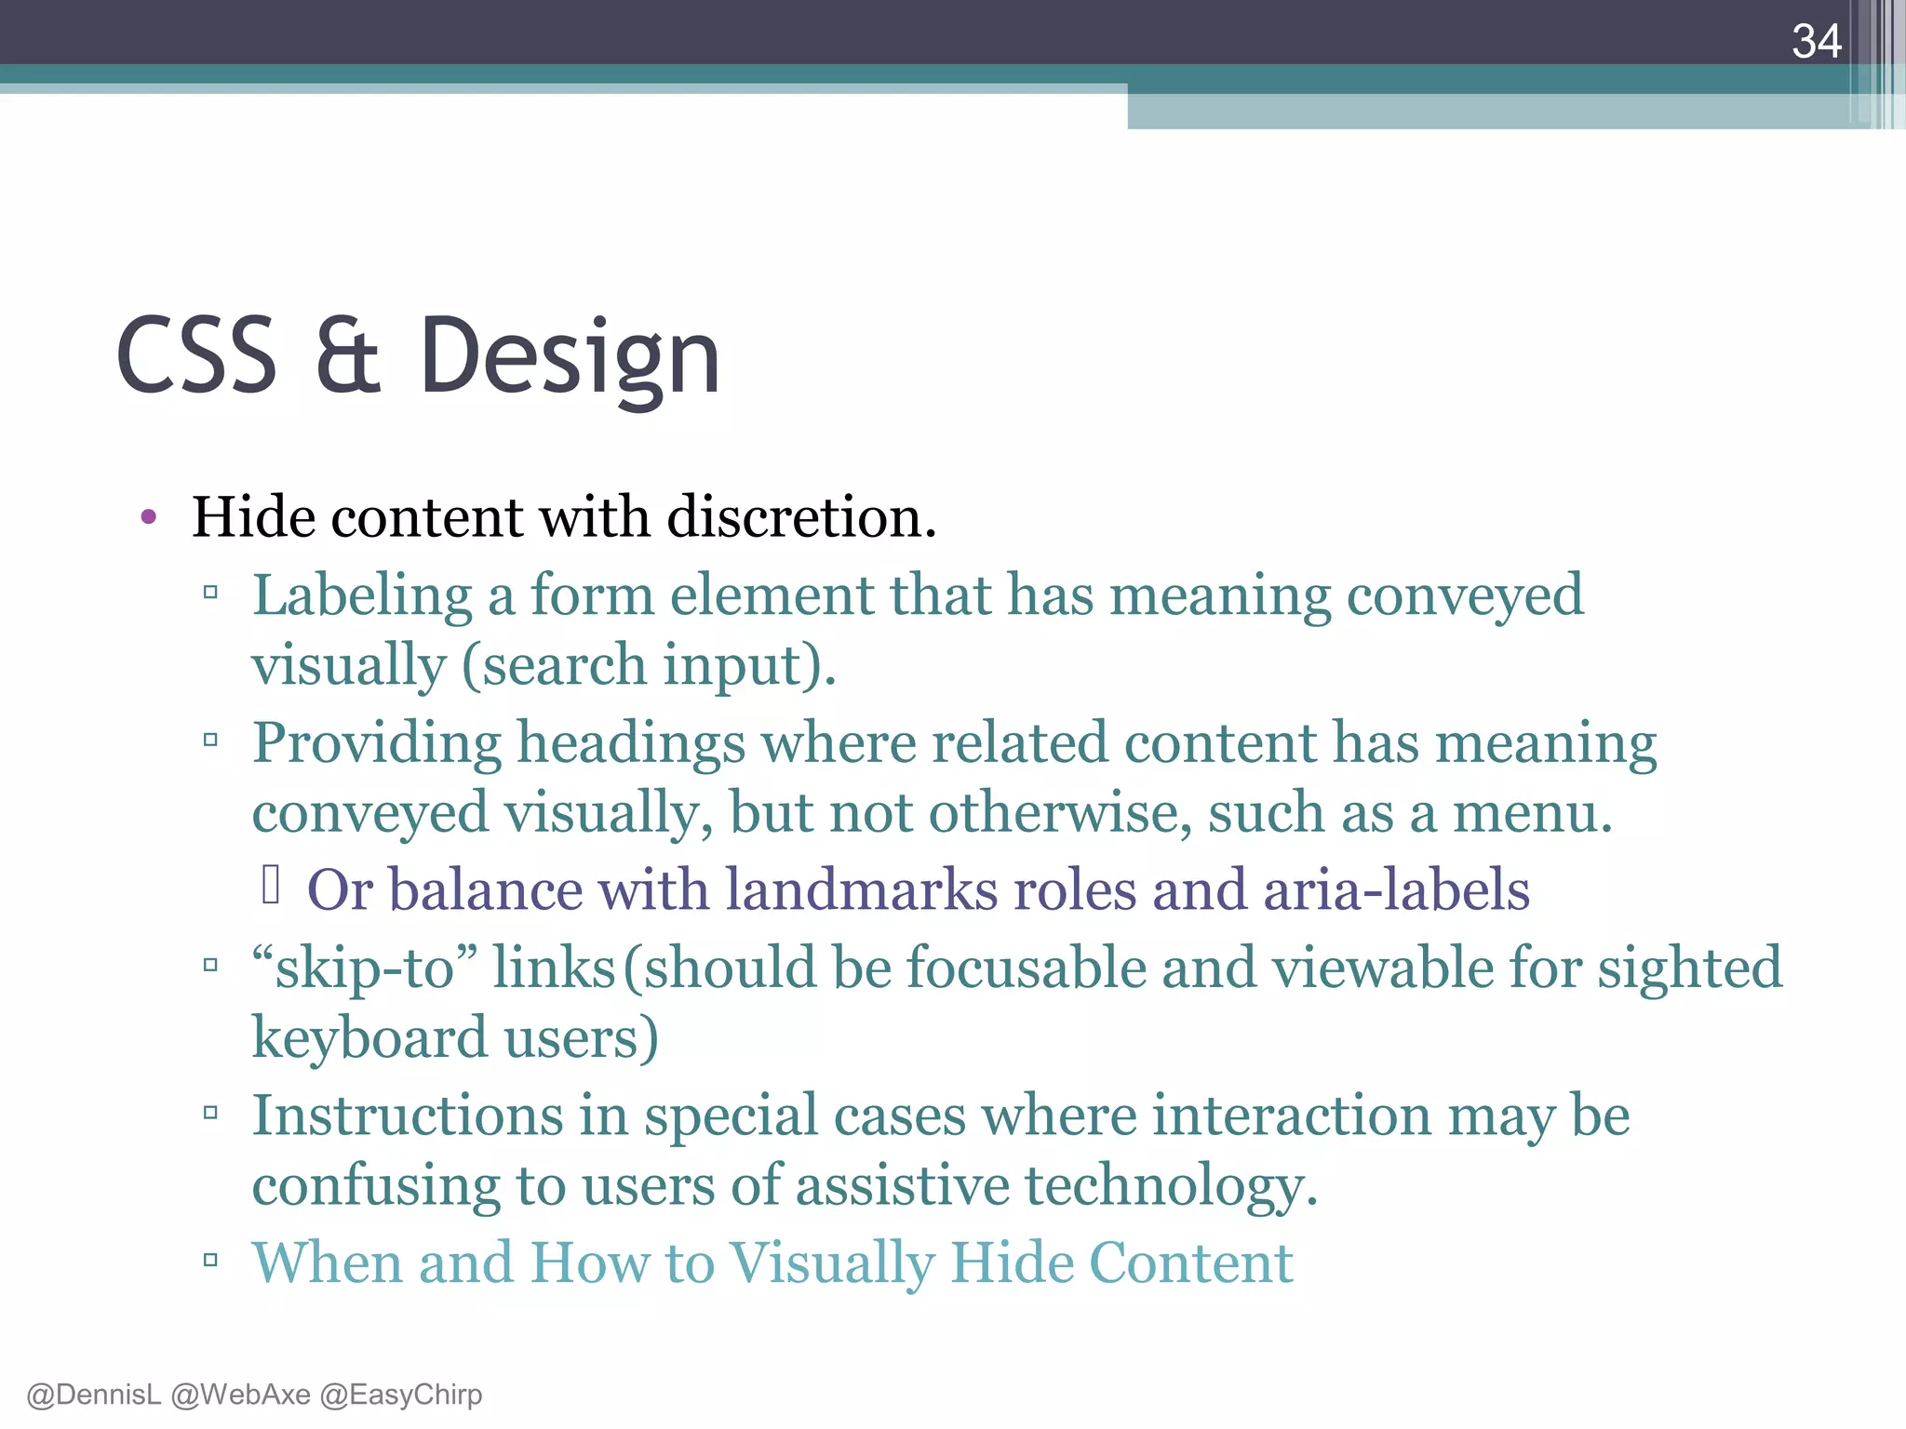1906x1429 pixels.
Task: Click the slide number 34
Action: [1816, 41]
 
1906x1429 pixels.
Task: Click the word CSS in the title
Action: [196, 356]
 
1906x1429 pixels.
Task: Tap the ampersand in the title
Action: [347, 356]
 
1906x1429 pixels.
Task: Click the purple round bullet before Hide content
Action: [149, 517]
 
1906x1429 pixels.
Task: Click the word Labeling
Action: [362, 595]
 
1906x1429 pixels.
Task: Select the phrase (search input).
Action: [649, 665]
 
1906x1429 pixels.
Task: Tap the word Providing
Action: [377, 744]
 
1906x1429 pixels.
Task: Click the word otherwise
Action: [1060, 813]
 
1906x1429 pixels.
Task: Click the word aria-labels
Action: [1396, 889]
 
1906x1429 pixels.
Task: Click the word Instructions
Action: [408, 1115]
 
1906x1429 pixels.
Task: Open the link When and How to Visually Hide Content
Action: [772, 1263]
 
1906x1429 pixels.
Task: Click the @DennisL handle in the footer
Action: [93, 1395]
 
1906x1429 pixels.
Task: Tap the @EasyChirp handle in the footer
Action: [400, 1395]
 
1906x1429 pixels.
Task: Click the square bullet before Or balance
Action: [271, 885]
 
